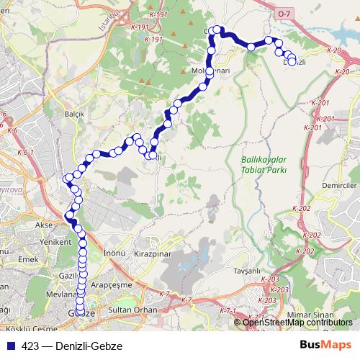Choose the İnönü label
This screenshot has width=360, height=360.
(x=114, y=253)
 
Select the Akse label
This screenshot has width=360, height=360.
(x=45, y=225)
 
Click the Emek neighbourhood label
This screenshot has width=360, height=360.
(x=28, y=258)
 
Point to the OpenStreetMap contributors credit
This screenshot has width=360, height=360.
(x=297, y=322)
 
